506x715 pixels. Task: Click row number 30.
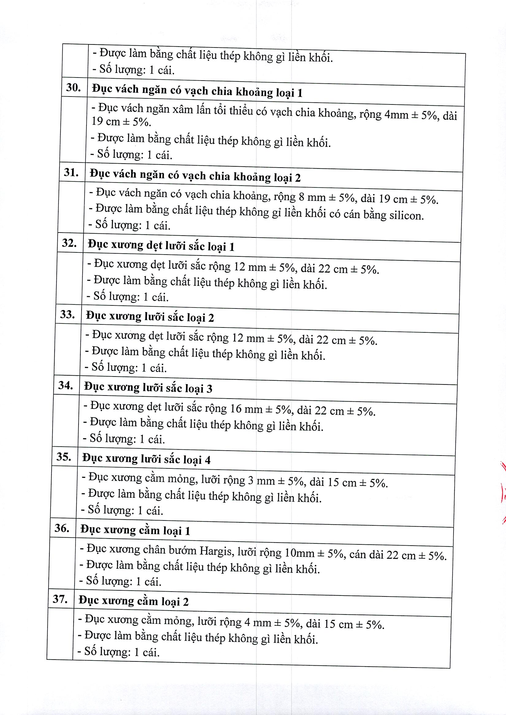(74, 88)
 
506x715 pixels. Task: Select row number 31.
(71, 172)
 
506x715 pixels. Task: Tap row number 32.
(69, 243)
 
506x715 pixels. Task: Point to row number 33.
(67, 314)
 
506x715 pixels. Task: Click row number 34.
(65, 385)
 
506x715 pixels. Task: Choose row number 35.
(64, 456)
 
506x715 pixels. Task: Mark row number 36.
(62, 528)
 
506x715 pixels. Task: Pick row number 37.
(60, 599)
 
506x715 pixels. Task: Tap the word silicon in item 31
(407, 215)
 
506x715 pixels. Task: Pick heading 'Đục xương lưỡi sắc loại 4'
(146, 459)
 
